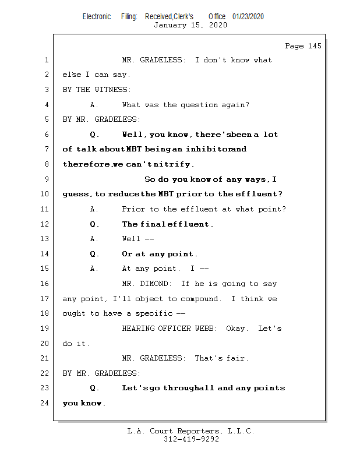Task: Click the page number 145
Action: pos(315,46)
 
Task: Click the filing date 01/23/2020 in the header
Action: pos(248,17)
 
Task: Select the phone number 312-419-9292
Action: pos(191,439)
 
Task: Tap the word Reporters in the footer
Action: pos(199,431)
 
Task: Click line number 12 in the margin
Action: pos(44,224)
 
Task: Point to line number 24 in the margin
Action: pos(44,403)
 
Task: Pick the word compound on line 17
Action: pos(200,299)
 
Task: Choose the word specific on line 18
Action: pos(154,313)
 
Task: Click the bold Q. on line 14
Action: pos(94,254)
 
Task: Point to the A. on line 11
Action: pos(94,209)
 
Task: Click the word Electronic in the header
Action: pos(97,17)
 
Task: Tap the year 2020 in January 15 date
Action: pos(218,24)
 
